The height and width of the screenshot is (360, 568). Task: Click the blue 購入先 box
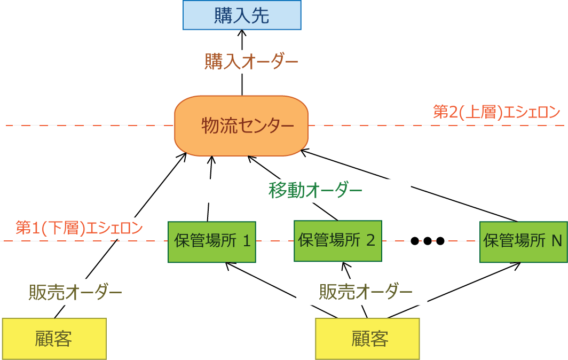point(242,15)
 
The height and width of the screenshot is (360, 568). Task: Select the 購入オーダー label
point(251,61)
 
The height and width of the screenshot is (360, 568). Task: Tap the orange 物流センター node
point(241,126)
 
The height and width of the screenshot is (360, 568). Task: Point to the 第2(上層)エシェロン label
point(496,112)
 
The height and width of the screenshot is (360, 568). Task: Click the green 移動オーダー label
point(315,190)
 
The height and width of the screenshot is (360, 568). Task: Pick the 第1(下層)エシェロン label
point(79,228)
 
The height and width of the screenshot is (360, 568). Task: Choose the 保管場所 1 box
point(212,241)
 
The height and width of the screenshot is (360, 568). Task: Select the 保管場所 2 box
point(337,240)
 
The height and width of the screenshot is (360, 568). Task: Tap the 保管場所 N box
point(523,241)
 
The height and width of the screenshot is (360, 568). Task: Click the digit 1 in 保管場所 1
point(247,241)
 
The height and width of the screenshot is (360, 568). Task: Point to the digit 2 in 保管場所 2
point(370,240)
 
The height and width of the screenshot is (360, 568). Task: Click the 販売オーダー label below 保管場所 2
point(366,292)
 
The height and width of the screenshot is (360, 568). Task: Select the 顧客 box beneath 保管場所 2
point(367,339)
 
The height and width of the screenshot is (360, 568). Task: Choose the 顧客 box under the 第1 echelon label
point(54,339)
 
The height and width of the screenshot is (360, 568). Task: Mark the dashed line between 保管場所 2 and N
point(430,241)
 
